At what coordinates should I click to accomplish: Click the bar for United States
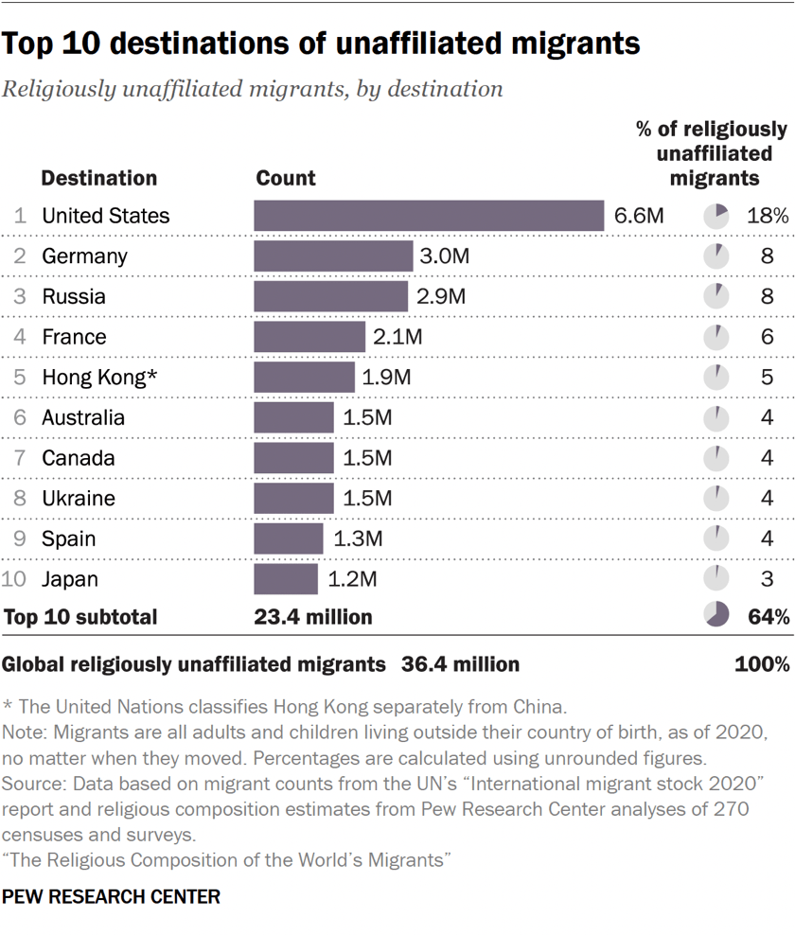pos(429,216)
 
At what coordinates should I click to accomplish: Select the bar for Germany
pos(333,256)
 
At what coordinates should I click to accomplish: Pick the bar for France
pos(309,337)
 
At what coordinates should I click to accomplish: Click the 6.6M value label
pos(639,216)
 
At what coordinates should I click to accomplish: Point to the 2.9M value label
pos(441,296)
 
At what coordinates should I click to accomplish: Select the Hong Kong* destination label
pos(98,378)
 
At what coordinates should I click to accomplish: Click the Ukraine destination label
pos(79,499)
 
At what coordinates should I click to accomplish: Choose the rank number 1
pos(20,216)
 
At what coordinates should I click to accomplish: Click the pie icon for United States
pos(716,216)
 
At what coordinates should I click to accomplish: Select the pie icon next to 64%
pos(716,615)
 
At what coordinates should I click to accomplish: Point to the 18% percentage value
pos(767,216)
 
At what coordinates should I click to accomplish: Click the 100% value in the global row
pos(762,664)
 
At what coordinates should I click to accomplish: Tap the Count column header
pos(286,178)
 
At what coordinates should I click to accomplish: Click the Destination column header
pos(99,178)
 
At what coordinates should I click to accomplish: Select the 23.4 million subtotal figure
pos(313,617)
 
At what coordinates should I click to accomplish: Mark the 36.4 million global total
pos(460,664)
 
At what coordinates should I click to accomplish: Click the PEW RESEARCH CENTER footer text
pos(112,896)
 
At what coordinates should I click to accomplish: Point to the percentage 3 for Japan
pos(767,579)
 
